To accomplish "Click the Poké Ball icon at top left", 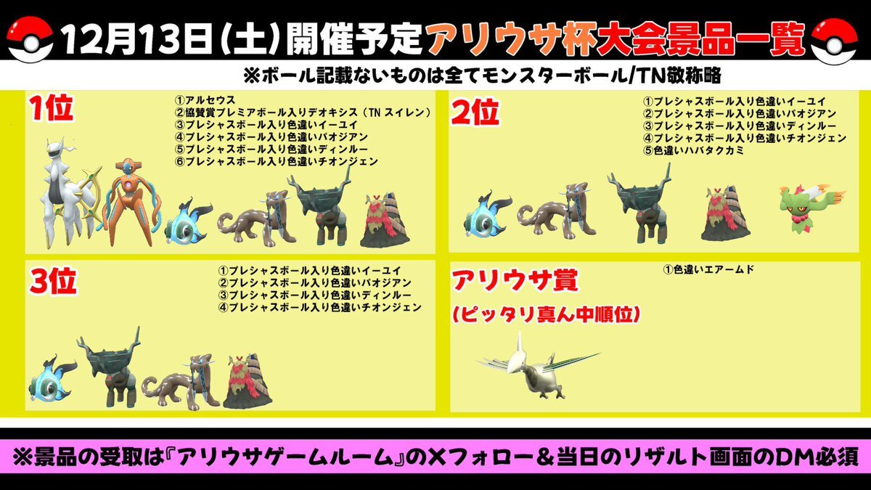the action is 30,41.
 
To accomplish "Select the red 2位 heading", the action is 475,112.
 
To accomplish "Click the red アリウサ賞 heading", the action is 515,280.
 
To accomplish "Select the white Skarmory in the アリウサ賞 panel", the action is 539,366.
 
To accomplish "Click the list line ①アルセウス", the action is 205,100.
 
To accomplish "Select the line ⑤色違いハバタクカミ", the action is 693,150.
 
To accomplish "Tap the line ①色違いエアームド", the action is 708,269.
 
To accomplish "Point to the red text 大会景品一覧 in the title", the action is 700,40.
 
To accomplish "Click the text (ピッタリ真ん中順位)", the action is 546,314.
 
